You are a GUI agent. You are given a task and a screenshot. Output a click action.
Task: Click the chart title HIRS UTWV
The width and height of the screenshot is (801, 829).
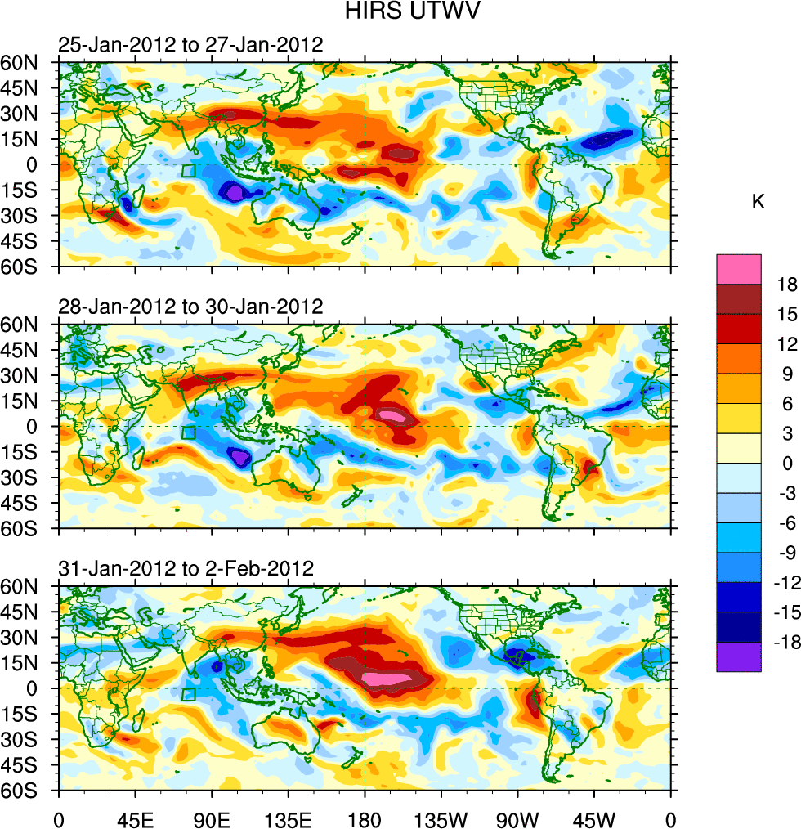(x=400, y=11)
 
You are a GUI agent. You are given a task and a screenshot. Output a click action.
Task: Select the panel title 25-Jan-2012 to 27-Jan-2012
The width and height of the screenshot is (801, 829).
(x=190, y=44)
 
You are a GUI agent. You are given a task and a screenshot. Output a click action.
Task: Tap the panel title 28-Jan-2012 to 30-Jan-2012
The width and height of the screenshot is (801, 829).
(x=190, y=307)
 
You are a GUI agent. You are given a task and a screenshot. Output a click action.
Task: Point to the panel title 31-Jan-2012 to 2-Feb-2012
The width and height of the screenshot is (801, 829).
(x=186, y=569)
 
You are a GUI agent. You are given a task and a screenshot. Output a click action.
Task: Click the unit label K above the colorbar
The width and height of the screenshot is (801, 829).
(x=758, y=201)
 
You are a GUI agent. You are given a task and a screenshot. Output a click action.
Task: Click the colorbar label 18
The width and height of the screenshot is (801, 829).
(x=787, y=285)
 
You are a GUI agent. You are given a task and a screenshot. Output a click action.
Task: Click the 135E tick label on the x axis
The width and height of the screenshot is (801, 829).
(x=289, y=818)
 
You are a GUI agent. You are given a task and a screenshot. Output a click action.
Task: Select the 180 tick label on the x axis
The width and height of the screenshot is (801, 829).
(x=365, y=818)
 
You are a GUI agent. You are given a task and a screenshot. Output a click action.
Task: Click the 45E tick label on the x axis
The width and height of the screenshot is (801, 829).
(x=135, y=818)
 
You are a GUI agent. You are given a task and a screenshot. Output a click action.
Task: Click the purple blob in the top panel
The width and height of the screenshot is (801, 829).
(x=235, y=193)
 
